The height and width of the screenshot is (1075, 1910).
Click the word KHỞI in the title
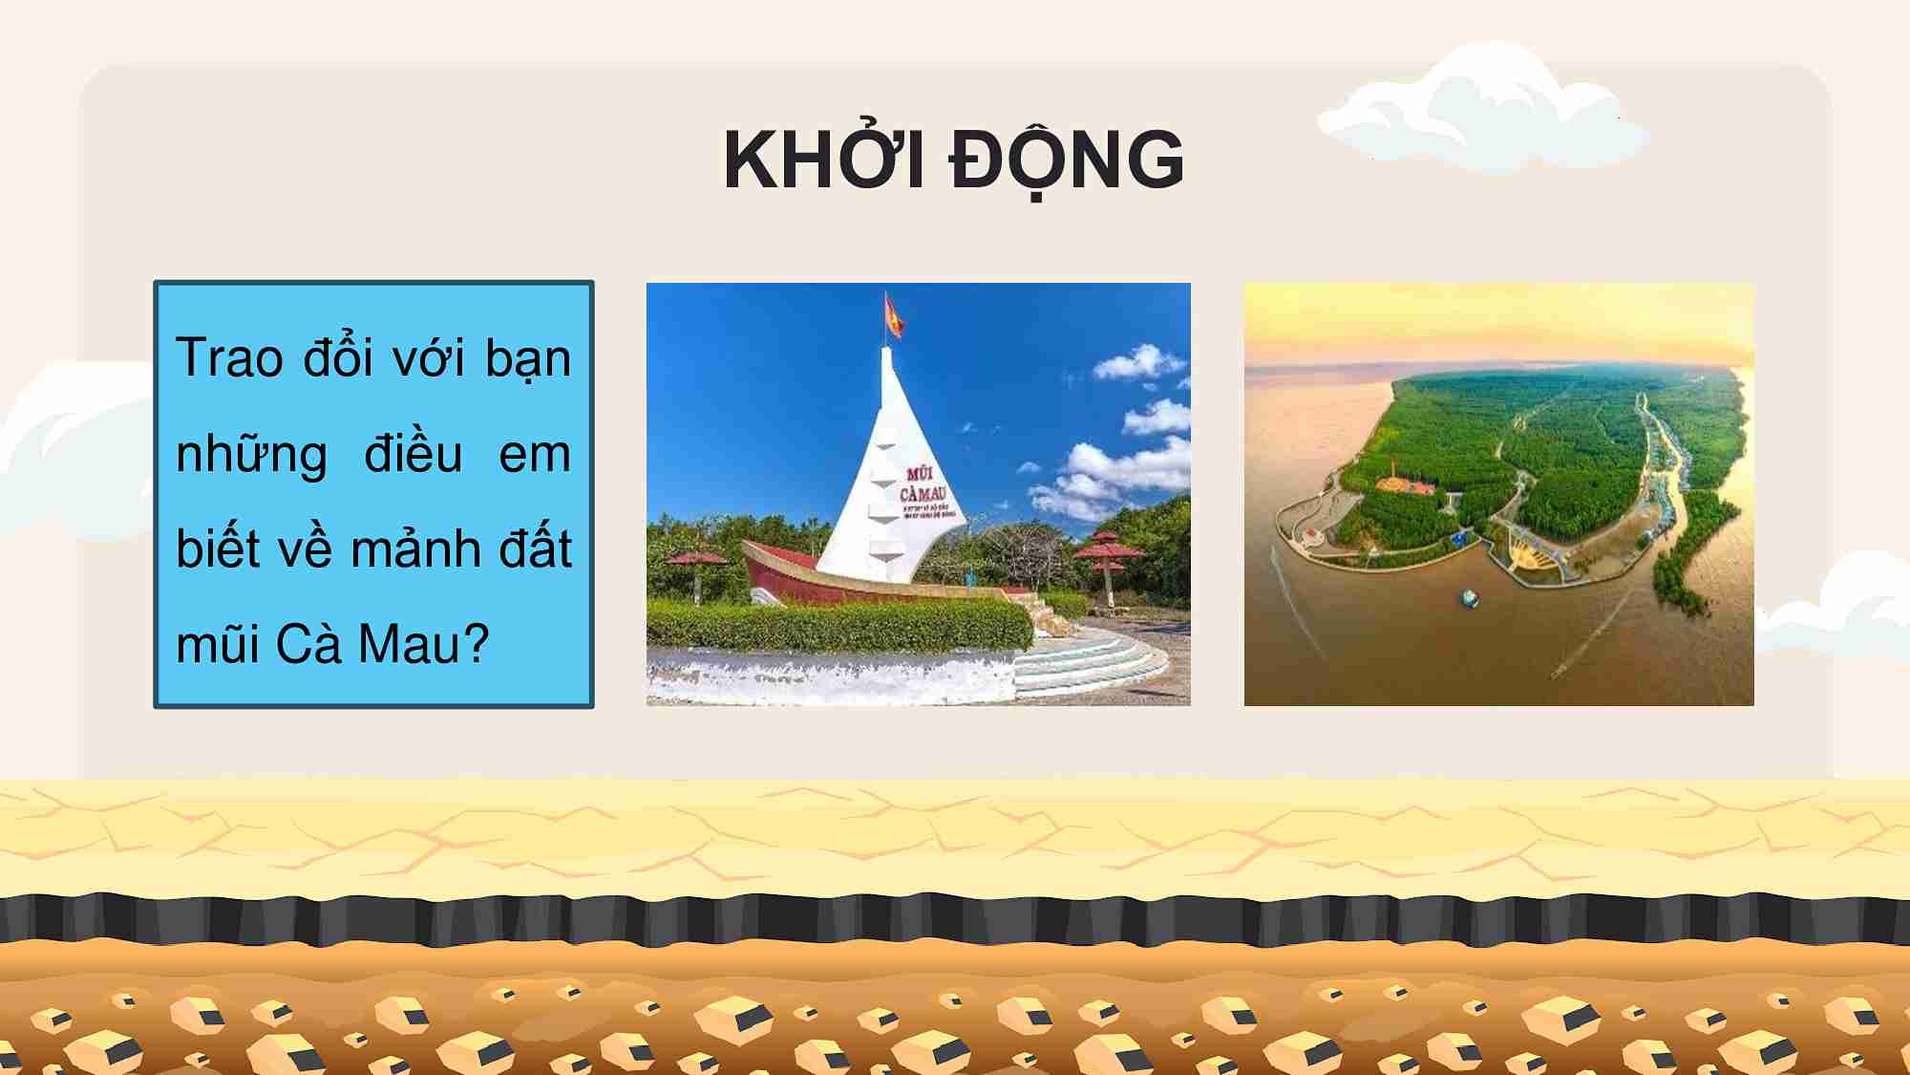(822, 161)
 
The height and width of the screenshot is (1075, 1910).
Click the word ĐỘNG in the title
(1066, 161)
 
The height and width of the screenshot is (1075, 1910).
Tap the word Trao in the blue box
(229, 359)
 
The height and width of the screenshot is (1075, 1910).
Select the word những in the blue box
(251, 455)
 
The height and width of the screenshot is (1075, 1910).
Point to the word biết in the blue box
(218, 549)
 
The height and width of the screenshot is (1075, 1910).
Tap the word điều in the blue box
(413, 453)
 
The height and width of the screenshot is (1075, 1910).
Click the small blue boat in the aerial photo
(1469, 599)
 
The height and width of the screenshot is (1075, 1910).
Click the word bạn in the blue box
(527, 359)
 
